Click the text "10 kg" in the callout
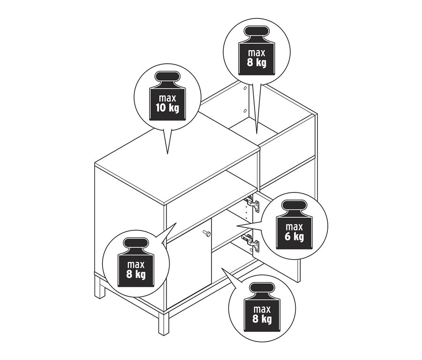coord(167,108)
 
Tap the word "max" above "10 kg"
coord(167,98)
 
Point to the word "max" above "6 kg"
coord(294,227)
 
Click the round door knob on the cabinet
coord(206,233)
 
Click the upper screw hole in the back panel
coord(245,88)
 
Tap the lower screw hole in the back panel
coord(245,110)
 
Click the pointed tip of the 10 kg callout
coord(167,154)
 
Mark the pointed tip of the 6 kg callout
coord(236,225)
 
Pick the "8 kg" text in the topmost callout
coord(256,63)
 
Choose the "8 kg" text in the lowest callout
coord(262,319)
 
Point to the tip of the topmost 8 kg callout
coord(256,134)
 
